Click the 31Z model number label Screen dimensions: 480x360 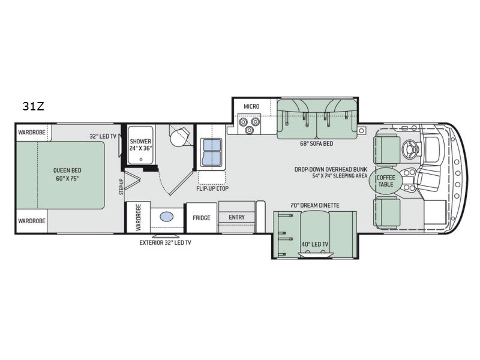(x=34, y=106)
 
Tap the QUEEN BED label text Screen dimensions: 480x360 (x=67, y=170)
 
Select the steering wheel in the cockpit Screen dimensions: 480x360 (x=411, y=149)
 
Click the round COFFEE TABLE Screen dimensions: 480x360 (x=386, y=181)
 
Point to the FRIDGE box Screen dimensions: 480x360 (x=202, y=218)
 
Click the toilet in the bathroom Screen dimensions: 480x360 (x=179, y=136)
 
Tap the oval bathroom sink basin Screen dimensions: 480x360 (x=167, y=217)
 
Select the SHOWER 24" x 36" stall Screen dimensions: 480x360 (x=140, y=145)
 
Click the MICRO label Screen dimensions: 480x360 (x=251, y=107)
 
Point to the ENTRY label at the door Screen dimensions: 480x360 (x=236, y=217)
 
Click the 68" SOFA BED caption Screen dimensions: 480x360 (x=316, y=143)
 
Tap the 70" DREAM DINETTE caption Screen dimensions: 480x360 (x=314, y=205)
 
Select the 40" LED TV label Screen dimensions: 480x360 (x=314, y=244)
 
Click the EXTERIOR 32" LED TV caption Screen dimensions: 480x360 (x=166, y=243)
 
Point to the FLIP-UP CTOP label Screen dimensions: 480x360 (x=212, y=188)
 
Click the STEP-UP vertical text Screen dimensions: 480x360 (x=121, y=187)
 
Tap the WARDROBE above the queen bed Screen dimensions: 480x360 (x=32, y=133)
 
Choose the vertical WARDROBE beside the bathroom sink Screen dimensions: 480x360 (x=138, y=217)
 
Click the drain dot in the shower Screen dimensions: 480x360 (x=141, y=160)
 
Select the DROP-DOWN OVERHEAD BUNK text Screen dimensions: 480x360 (x=331, y=169)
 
